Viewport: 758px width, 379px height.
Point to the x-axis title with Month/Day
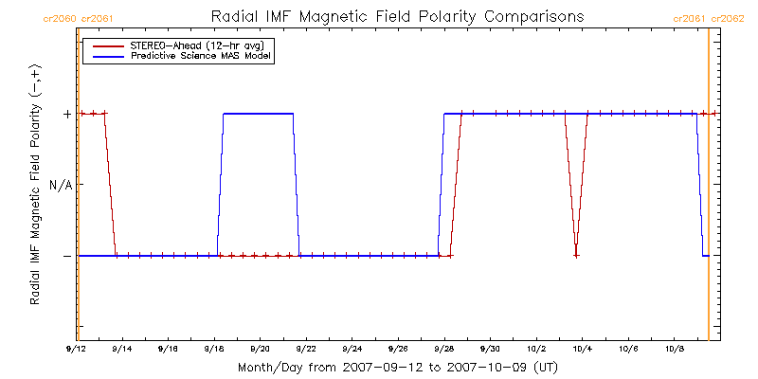(397, 367)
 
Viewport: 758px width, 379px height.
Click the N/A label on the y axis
(61, 185)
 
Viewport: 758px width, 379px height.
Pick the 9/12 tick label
(77, 349)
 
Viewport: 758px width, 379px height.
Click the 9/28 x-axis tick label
(443, 349)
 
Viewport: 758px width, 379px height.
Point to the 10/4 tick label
(582, 349)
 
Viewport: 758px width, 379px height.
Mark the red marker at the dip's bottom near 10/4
(576, 256)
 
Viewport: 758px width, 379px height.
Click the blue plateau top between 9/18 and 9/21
(258, 114)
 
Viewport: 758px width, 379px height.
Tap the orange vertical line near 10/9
(708, 189)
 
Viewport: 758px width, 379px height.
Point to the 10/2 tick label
(536, 349)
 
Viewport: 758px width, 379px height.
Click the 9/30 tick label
(490, 349)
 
